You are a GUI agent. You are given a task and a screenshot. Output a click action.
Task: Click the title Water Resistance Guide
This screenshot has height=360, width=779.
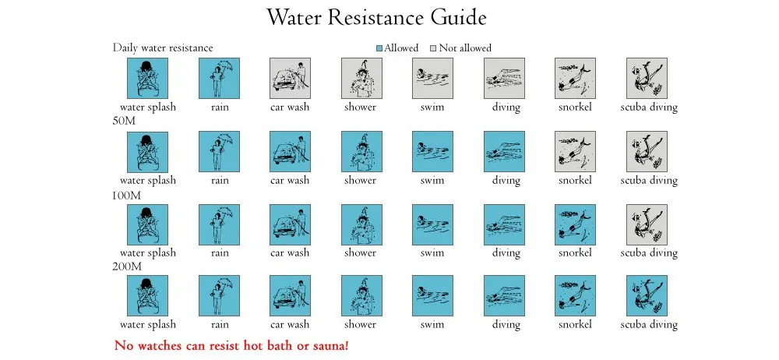[376, 18]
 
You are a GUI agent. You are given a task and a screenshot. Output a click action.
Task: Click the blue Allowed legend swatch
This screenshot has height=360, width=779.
[379, 48]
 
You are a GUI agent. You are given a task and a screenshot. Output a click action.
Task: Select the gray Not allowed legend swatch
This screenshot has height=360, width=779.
[434, 48]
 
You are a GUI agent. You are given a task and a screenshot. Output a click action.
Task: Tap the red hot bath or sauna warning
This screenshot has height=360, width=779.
[236, 344]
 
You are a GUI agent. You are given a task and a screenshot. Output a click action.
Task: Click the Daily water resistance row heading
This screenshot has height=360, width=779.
[162, 48]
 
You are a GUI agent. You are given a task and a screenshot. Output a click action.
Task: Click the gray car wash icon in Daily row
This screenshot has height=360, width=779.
[290, 79]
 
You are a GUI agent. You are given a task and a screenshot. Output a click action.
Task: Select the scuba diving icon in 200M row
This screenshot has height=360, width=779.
[647, 296]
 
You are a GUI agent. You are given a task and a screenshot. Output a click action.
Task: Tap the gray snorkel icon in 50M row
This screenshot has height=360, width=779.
[575, 151]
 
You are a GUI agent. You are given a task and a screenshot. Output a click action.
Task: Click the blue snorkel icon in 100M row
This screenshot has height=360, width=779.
[575, 224]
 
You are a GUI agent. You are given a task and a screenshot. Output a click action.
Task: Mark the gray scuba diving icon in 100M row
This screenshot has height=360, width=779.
[647, 224]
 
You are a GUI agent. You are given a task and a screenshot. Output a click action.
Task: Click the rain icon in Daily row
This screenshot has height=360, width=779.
[219, 79]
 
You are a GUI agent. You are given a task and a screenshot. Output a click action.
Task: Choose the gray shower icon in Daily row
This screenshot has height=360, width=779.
[361, 79]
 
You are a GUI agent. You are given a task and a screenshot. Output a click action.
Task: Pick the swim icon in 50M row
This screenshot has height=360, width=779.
[432, 151]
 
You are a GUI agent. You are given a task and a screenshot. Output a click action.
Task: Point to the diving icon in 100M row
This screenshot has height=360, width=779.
[504, 224]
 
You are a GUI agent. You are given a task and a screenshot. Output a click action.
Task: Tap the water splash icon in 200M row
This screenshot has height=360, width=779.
[147, 296]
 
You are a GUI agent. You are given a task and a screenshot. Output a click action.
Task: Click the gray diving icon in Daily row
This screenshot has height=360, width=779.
[504, 79]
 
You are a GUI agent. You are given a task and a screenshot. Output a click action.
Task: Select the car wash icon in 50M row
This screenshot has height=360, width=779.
[290, 151]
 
